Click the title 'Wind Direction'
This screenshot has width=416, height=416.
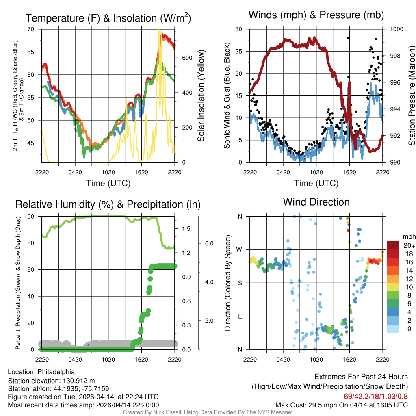tap(316, 202)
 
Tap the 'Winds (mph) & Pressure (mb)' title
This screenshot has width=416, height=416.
tap(316, 15)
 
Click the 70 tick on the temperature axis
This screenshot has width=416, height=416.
tap(31, 29)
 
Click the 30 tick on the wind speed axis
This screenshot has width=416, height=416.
tap(239, 29)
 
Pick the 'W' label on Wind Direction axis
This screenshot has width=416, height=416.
tap(240, 249)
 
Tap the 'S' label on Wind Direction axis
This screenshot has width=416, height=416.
tap(240, 283)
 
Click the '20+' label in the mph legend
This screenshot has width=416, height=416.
tap(409, 245)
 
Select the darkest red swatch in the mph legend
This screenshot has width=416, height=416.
tap(394, 245)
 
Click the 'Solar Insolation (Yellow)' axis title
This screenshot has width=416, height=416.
tap(201, 95)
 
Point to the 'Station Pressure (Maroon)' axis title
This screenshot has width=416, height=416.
tap(412, 95)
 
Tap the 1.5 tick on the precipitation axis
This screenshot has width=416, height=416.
tap(186, 229)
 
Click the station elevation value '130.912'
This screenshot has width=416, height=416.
tap(74, 381)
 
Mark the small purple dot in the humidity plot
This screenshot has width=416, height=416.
tap(88, 345)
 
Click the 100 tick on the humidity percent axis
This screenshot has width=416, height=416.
tap(30, 216)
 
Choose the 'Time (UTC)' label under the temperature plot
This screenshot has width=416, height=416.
tap(108, 183)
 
